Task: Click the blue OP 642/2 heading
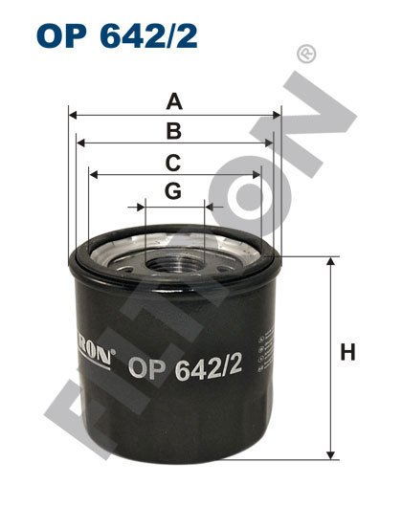pos(117,35)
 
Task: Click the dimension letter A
pos(174,101)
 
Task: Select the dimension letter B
pos(174,131)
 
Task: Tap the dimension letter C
pos(173,163)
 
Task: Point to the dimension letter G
pos(173,191)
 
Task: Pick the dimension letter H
pos(347,352)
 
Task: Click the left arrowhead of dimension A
pos(73,115)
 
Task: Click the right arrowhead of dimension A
pos(277,115)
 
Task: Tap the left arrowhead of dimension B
pos(80,143)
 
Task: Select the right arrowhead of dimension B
pos(269,143)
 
